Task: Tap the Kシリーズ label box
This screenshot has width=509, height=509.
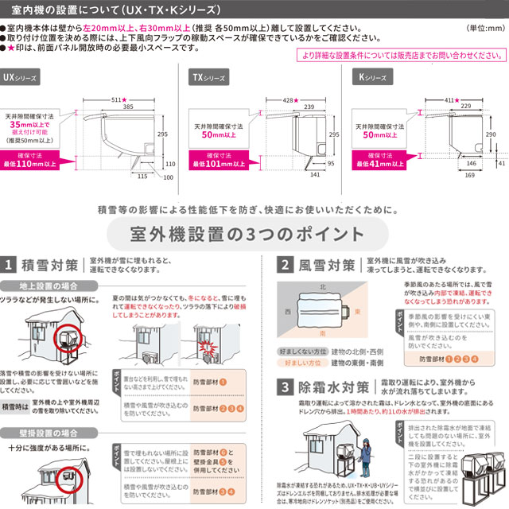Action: coord(372,78)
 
